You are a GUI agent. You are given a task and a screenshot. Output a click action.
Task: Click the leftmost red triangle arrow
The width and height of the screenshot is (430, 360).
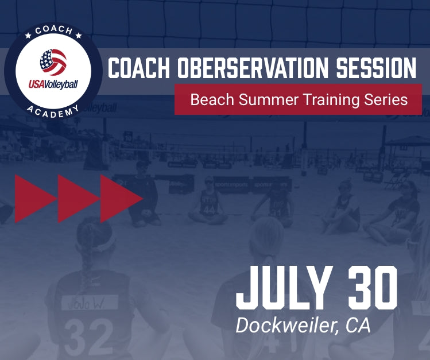34,198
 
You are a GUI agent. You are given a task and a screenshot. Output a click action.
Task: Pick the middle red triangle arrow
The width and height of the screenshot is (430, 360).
78,198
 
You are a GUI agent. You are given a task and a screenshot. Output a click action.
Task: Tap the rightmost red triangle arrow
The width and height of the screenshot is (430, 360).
120,198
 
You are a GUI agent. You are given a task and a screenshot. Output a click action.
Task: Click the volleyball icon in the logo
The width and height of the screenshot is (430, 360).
53,62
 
